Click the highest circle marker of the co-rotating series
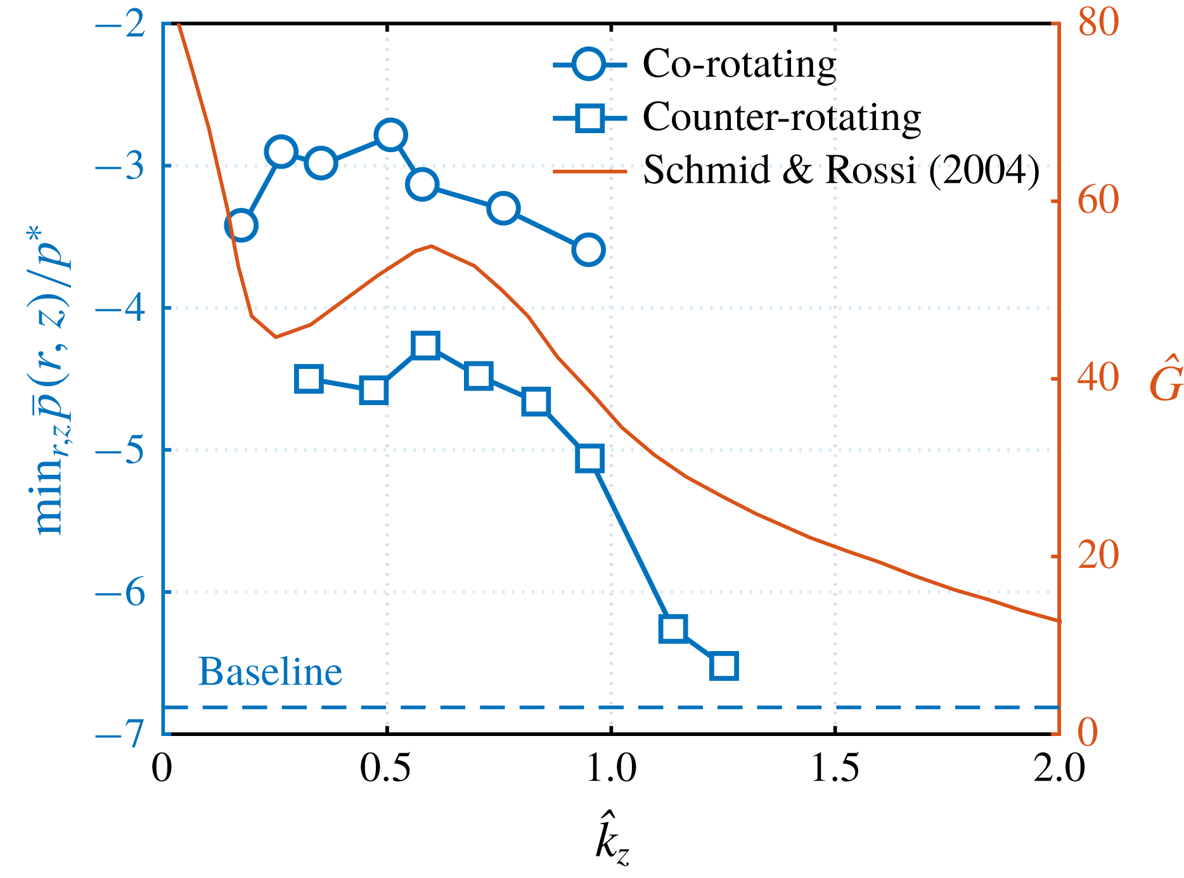coord(390,135)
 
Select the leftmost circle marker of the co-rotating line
coord(241,225)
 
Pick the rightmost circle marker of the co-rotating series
coord(588,250)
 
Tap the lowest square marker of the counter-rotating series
coord(724,666)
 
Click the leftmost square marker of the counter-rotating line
coord(309,378)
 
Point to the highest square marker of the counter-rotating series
coord(425,345)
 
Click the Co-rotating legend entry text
coord(739,64)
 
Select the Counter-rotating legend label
coord(782,117)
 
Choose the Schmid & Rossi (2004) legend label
coord(841,170)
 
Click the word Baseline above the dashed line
coord(270,672)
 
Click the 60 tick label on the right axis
coord(1098,202)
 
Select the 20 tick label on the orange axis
coord(1098,557)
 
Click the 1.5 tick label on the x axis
coord(835,768)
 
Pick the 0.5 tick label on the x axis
coord(387,768)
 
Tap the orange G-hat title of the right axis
coord(1166,379)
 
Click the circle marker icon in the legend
coord(588,64)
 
